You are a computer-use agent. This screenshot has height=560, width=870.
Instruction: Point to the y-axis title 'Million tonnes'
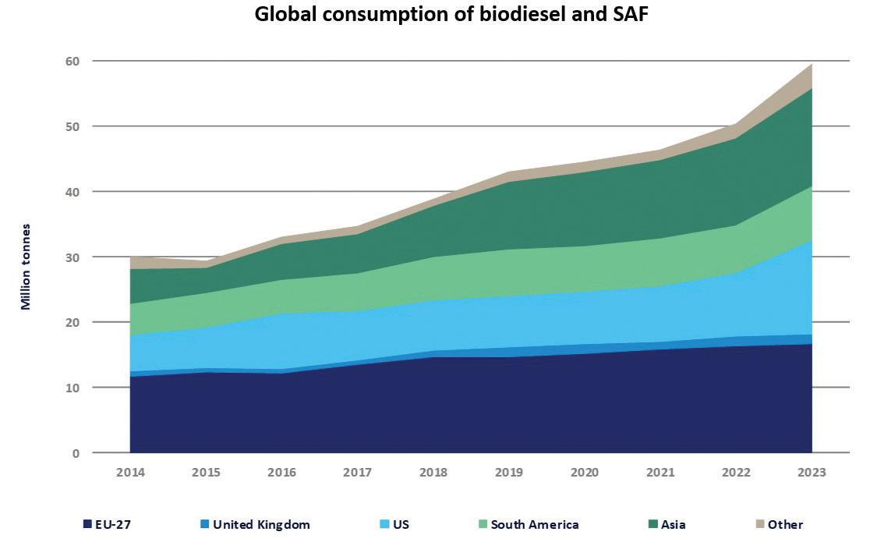27,267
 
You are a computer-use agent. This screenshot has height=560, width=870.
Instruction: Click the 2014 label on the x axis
130,473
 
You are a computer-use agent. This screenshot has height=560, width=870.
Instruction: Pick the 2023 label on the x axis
812,473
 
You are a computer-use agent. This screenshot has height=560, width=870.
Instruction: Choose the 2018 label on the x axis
433,473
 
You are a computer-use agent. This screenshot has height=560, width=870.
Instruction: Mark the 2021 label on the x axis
660,473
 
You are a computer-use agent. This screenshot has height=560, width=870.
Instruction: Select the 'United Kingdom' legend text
261,524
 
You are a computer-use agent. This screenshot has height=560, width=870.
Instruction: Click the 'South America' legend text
534,524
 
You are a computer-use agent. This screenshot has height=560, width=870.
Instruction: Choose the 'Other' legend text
785,524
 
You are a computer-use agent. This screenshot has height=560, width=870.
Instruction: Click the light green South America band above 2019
509,273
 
